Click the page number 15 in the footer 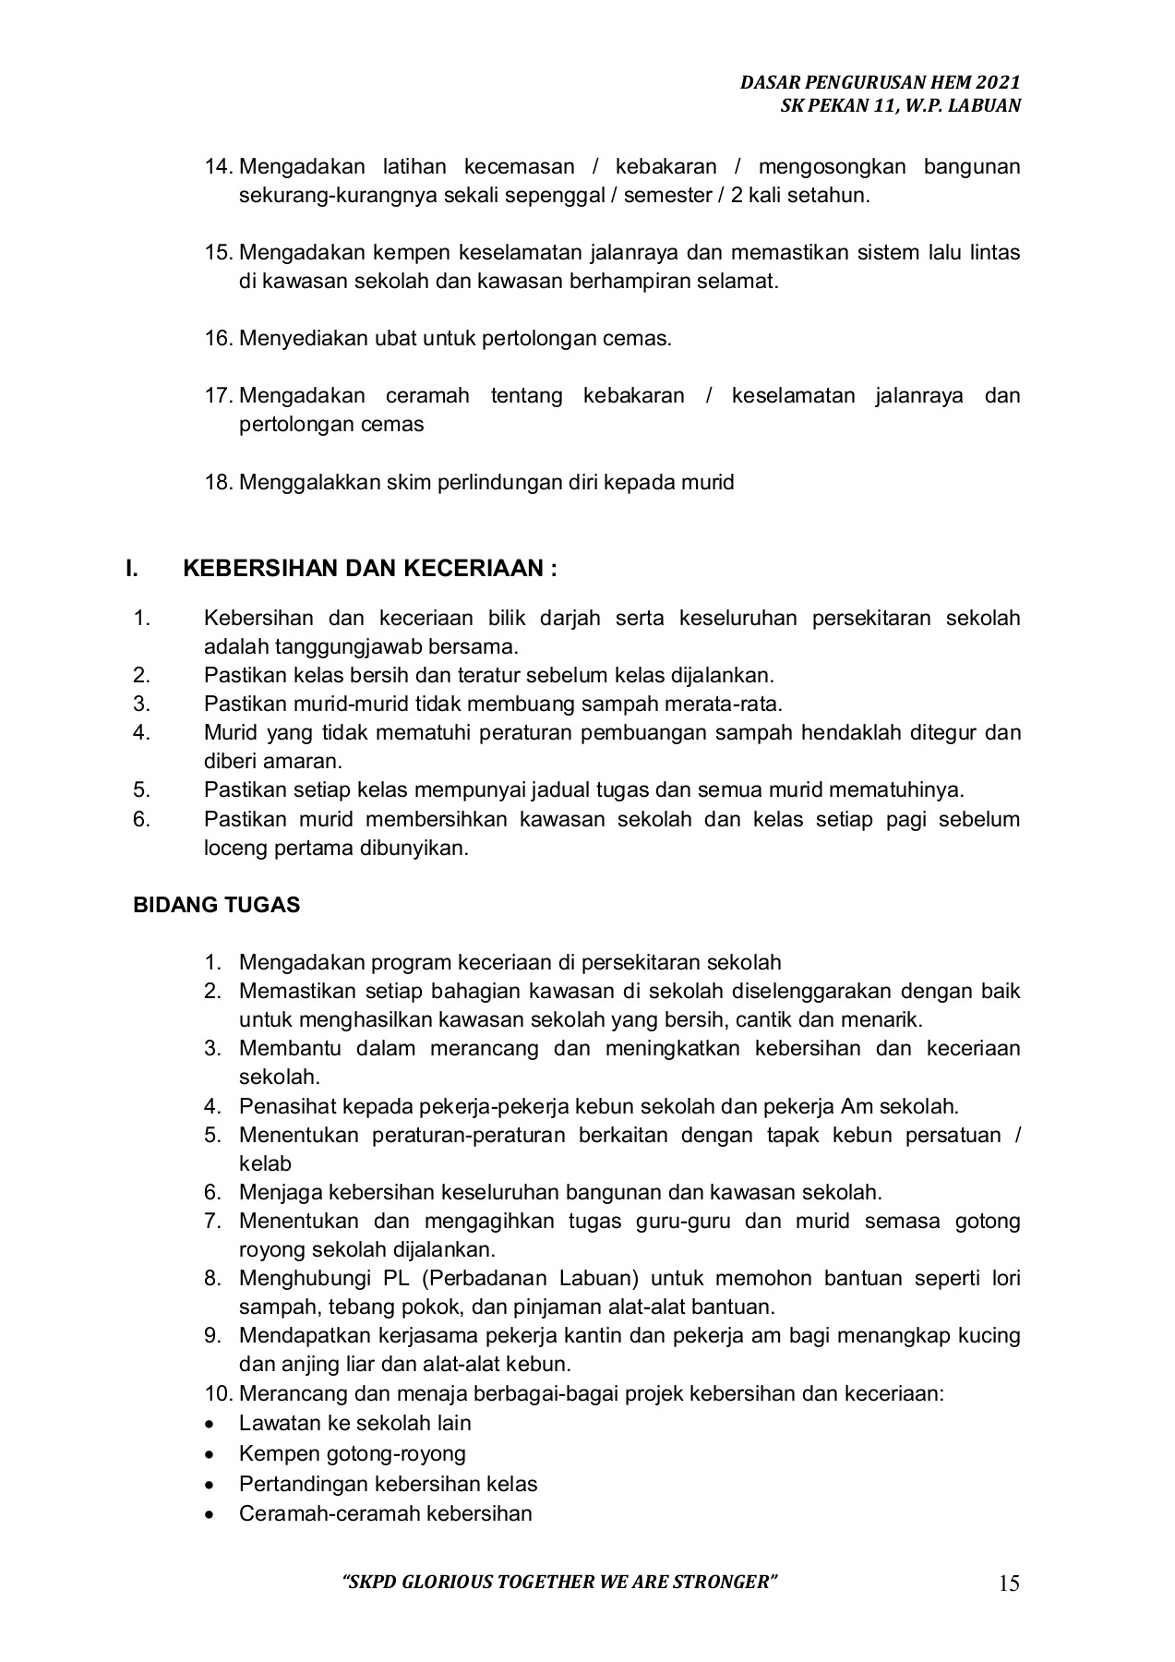(1009, 1584)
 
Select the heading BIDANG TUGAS (217, 905)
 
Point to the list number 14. (219, 166)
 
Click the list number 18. (219, 482)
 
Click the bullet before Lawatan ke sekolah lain (213, 1424)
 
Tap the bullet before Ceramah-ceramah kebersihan (213, 1514)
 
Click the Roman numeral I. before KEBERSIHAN (131, 568)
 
